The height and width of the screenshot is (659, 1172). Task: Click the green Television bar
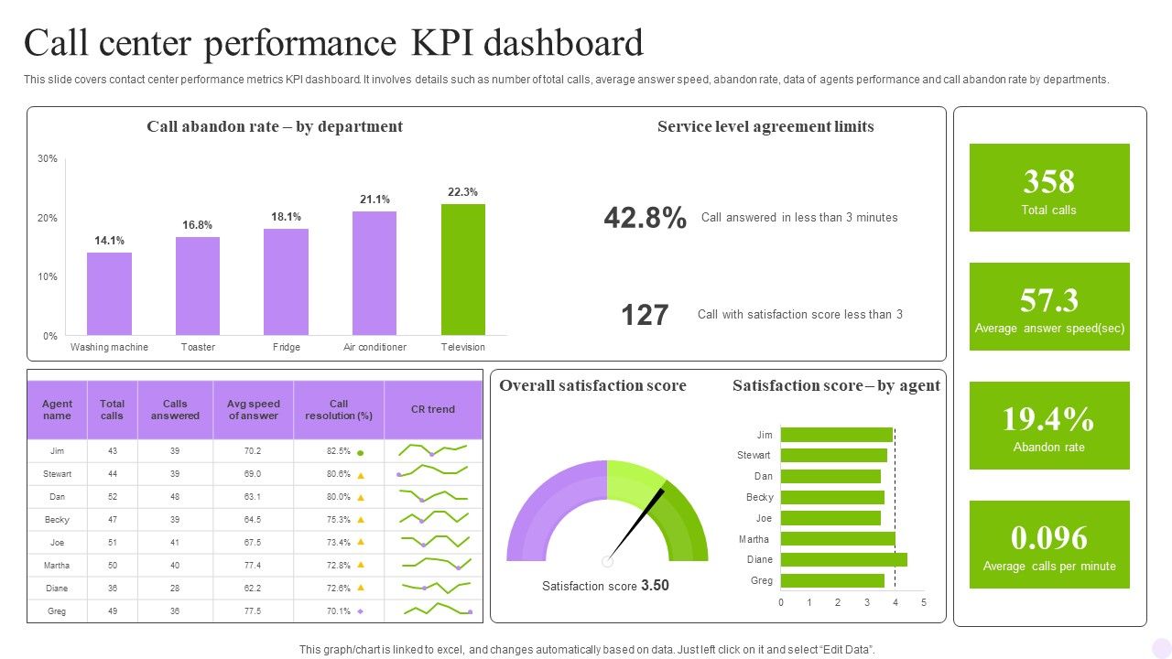[463, 269]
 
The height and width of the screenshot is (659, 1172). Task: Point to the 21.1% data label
[374, 199]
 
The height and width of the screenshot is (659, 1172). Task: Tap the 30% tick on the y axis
[48, 158]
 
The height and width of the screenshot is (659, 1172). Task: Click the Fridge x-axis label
[287, 347]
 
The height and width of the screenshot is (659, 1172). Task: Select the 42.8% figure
[645, 218]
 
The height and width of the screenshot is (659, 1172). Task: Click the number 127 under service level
[645, 315]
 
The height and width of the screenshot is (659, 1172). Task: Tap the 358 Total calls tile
[1049, 188]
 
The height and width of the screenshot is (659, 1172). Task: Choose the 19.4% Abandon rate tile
[1049, 426]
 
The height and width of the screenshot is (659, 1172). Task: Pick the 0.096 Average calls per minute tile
[1049, 545]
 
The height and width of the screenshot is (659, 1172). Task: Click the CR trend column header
[433, 409]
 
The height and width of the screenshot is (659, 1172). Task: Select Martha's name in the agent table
[57, 566]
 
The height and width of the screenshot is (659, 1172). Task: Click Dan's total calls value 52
[113, 497]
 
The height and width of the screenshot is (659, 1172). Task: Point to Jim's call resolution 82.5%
[339, 451]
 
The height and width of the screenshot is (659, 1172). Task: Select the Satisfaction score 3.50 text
[605, 586]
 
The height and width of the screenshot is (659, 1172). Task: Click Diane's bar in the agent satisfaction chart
[843, 559]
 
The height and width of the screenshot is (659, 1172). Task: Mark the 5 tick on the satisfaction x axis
[924, 602]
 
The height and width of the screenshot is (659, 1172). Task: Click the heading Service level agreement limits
[765, 126]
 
